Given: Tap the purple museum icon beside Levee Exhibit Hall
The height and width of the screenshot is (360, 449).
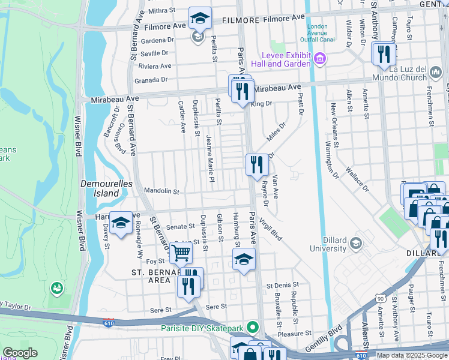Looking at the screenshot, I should click(x=319, y=58).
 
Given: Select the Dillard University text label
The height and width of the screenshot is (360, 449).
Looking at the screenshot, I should click(x=328, y=244).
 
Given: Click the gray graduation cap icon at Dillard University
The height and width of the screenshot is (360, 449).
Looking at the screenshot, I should click(x=357, y=242).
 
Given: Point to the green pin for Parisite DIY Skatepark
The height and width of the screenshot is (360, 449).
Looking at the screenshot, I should click(x=253, y=328).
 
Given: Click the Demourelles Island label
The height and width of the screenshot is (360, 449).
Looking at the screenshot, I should click(x=98, y=188).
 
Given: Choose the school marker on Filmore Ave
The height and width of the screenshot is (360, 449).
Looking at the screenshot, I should click(x=200, y=18).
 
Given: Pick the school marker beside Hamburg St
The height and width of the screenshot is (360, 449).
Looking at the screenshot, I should click(x=244, y=259).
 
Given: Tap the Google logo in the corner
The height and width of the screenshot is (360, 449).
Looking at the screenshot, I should click(x=20, y=353).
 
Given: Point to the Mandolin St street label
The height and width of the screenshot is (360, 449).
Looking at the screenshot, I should click(x=161, y=191).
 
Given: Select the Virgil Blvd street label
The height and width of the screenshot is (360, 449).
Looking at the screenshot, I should click(x=271, y=229).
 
